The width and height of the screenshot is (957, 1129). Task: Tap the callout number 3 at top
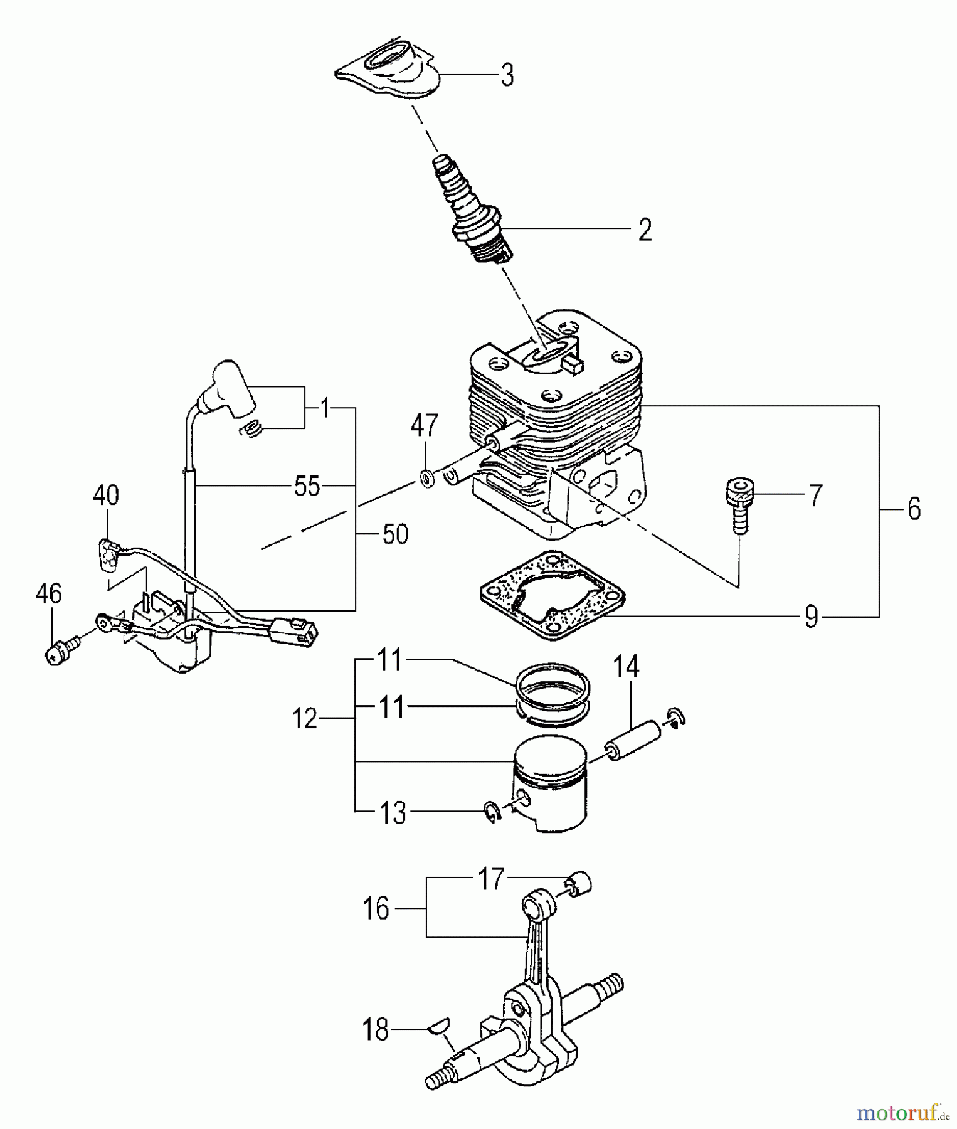[507, 75]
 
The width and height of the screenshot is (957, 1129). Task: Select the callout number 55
[307, 486]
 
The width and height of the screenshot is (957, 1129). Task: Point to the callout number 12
[305, 719]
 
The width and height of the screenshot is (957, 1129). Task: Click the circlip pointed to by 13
[492, 812]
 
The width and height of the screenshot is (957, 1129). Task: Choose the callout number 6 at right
[913, 509]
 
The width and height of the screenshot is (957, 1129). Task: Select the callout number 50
[394, 534]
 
